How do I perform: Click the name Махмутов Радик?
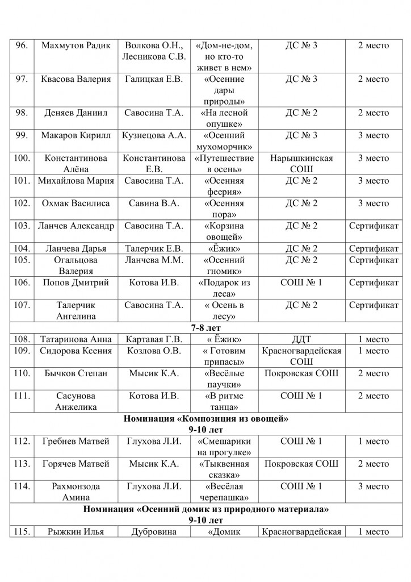point(76,45)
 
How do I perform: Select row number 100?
point(22,159)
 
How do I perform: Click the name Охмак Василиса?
point(76,203)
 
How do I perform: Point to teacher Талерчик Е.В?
point(154,248)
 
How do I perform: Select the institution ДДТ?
point(301,339)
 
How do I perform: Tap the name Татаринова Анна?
point(76,339)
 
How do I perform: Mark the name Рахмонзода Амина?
point(76,492)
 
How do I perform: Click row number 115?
point(22,532)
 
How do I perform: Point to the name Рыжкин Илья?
point(76,532)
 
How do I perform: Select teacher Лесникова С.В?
point(154,56)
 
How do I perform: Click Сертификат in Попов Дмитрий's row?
point(374,282)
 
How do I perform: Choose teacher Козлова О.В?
point(154,351)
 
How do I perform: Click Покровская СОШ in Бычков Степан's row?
point(301,373)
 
